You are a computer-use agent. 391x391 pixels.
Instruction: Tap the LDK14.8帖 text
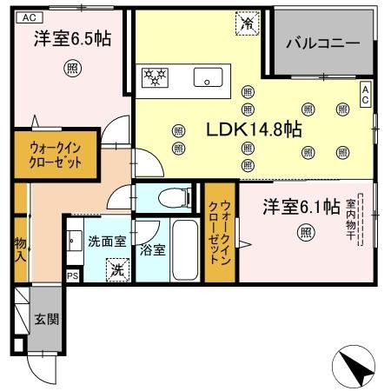253,129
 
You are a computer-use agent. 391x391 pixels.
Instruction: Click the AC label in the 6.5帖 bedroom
27,17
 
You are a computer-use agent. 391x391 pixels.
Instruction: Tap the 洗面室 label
106,241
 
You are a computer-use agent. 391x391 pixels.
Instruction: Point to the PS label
72,275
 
